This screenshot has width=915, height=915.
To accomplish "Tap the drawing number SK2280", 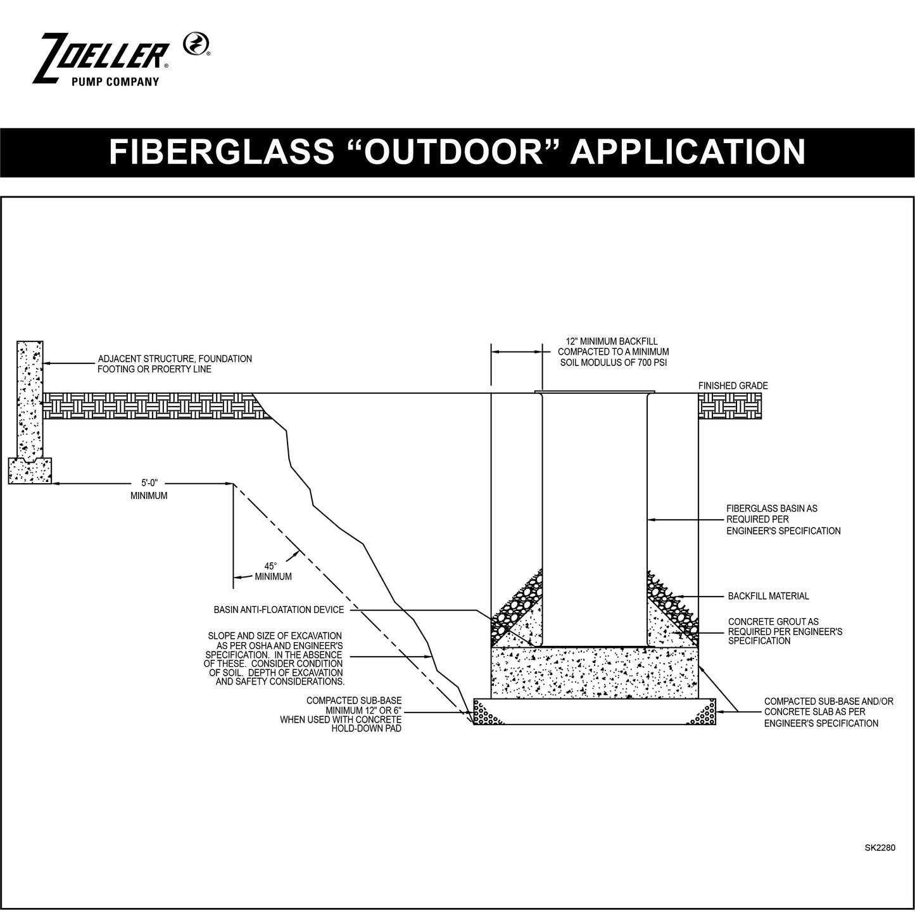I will (880, 847).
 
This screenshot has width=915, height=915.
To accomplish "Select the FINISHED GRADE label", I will (733, 386).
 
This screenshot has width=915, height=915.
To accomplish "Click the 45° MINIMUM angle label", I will (273, 572).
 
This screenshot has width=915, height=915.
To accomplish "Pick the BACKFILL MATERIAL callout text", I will (768, 596).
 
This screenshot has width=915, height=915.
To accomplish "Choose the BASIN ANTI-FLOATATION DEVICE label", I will (279, 610).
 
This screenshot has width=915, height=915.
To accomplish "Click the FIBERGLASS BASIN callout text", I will (783, 519).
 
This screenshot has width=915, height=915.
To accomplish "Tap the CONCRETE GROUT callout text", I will (785, 631).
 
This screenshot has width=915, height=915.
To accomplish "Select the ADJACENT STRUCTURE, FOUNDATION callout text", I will (175, 363).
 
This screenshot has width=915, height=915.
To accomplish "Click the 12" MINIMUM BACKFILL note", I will (613, 352).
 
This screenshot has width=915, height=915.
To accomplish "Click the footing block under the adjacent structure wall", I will (30, 471).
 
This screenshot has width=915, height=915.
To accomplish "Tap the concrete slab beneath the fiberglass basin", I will (595, 672).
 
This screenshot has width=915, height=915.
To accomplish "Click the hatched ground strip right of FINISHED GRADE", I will (729, 405).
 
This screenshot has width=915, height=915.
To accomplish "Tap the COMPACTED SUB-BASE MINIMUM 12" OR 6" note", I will (343, 715).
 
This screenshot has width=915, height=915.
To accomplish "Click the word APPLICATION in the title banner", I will (688, 151).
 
